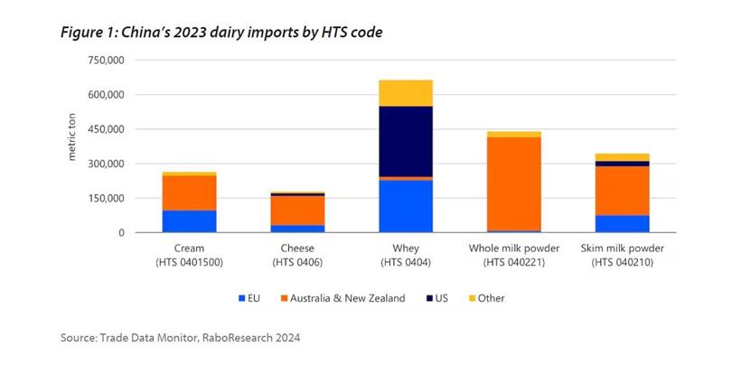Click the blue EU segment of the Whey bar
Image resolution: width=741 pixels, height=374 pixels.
(x=406, y=206)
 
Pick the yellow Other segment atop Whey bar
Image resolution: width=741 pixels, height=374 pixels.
(x=406, y=93)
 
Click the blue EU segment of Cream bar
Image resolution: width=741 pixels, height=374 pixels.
(x=189, y=221)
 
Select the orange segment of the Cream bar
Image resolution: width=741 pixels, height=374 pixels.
(x=189, y=192)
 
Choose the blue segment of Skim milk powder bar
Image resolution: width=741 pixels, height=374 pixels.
(x=622, y=223)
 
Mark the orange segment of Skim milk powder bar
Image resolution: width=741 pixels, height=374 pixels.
(x=622, y=191)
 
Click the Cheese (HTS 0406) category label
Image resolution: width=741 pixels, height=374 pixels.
(x=297, y=255)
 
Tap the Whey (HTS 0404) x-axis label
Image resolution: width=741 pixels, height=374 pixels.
(x=406, y=255)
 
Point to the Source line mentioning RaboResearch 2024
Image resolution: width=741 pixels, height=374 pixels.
(x=180, y=338)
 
